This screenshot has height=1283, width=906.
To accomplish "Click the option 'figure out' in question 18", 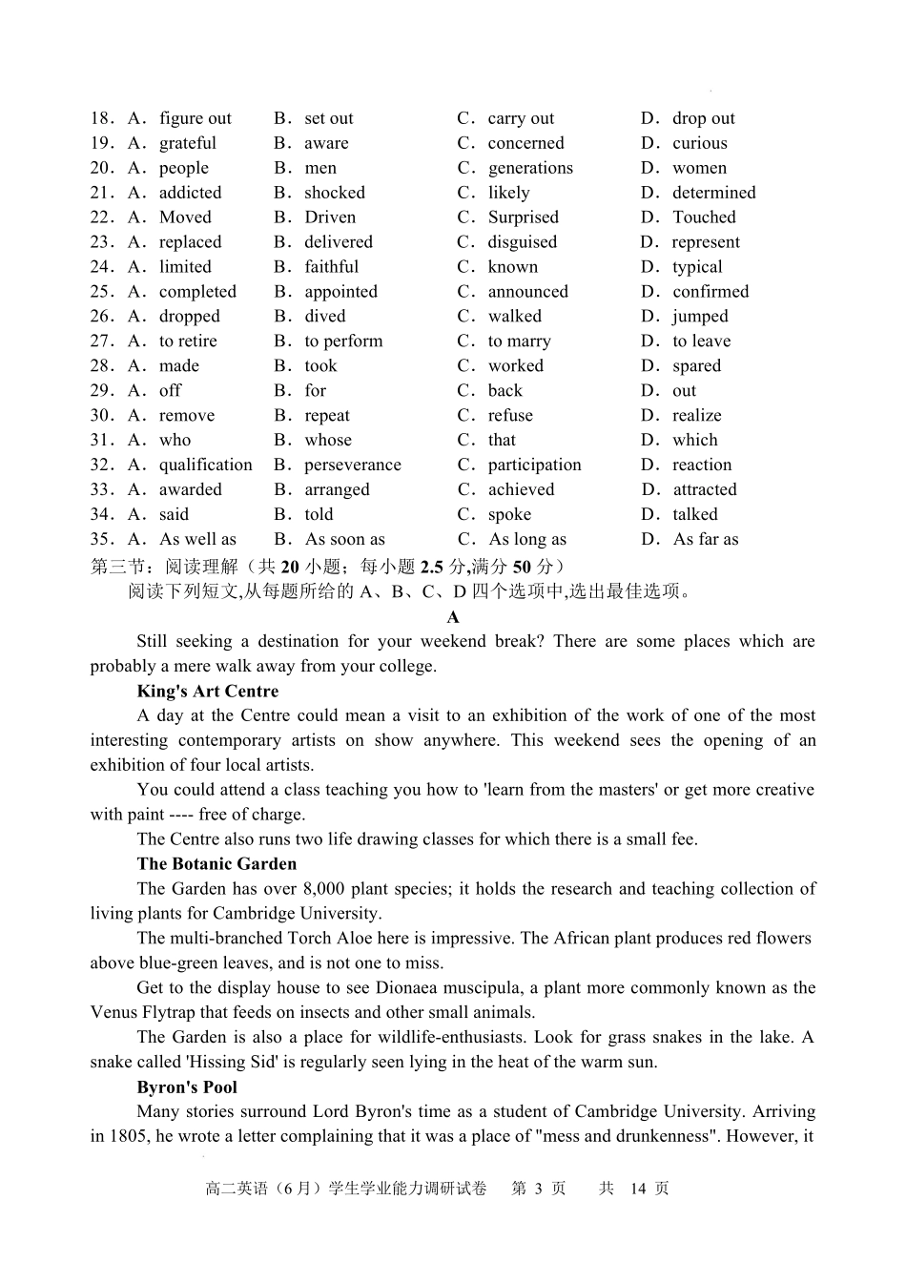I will pos(195,118).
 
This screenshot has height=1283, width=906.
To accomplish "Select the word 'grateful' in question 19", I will pos(187,143).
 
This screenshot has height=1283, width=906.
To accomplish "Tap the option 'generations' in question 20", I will pos(530,168).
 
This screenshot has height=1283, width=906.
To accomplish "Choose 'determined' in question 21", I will pos(713,193).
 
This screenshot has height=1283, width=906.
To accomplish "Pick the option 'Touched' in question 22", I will pos(704,217).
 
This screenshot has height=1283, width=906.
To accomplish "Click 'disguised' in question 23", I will pos(522,242).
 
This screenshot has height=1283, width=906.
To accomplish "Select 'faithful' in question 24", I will pos(331,267).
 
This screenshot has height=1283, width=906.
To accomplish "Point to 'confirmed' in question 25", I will pos(710,292).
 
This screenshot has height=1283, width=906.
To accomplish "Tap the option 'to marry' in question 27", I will pos(519,341).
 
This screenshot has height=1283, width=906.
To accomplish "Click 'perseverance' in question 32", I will pos(352,466).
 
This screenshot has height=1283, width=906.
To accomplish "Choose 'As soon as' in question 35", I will pos(344,540).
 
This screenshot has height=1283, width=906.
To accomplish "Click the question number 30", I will pos(101,416).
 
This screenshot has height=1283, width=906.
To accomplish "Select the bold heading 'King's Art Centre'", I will pos(208,692).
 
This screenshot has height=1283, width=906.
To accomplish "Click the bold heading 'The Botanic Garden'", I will pos(216,864).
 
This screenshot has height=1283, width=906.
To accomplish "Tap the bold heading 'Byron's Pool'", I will pos(187,1087).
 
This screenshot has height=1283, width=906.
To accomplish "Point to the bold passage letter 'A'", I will pos(453,617).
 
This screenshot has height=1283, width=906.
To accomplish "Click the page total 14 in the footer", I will pos(638,1189).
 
